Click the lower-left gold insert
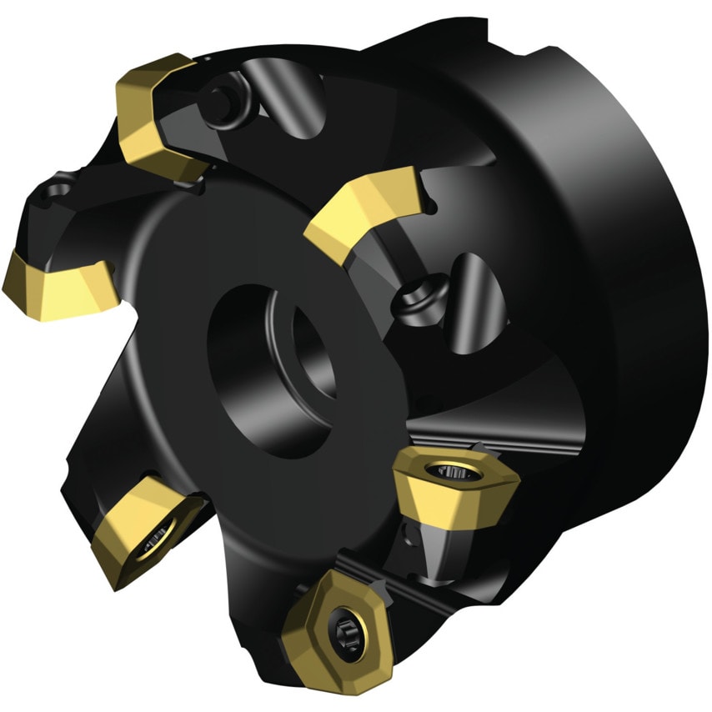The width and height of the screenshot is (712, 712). [x=142, y=525]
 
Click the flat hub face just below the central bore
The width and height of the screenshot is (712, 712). [x=275, y=484]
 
